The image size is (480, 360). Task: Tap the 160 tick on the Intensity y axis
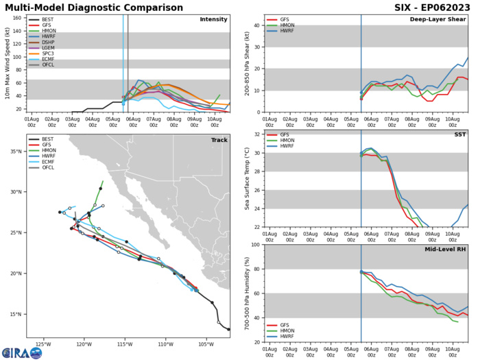pos(19,20)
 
